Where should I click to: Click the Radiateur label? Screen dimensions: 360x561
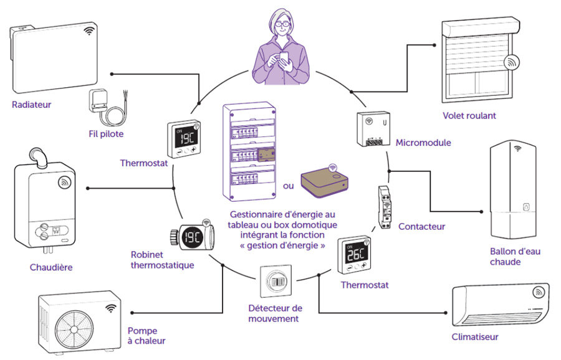(31, 105)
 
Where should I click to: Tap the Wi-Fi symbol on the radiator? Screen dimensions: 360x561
(90, 30)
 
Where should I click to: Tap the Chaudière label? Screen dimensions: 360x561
(51, 268)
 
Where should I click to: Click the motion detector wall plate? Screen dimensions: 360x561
(274, 282)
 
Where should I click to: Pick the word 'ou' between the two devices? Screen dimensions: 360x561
(288, 186)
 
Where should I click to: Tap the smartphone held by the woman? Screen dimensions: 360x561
(284, 58)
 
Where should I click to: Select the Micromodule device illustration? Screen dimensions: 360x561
(373, 130)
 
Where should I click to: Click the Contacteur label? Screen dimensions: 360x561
(421, 227)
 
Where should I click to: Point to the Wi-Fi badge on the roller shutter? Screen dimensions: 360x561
(512, 63)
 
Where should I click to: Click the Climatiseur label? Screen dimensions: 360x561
(475, 338)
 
